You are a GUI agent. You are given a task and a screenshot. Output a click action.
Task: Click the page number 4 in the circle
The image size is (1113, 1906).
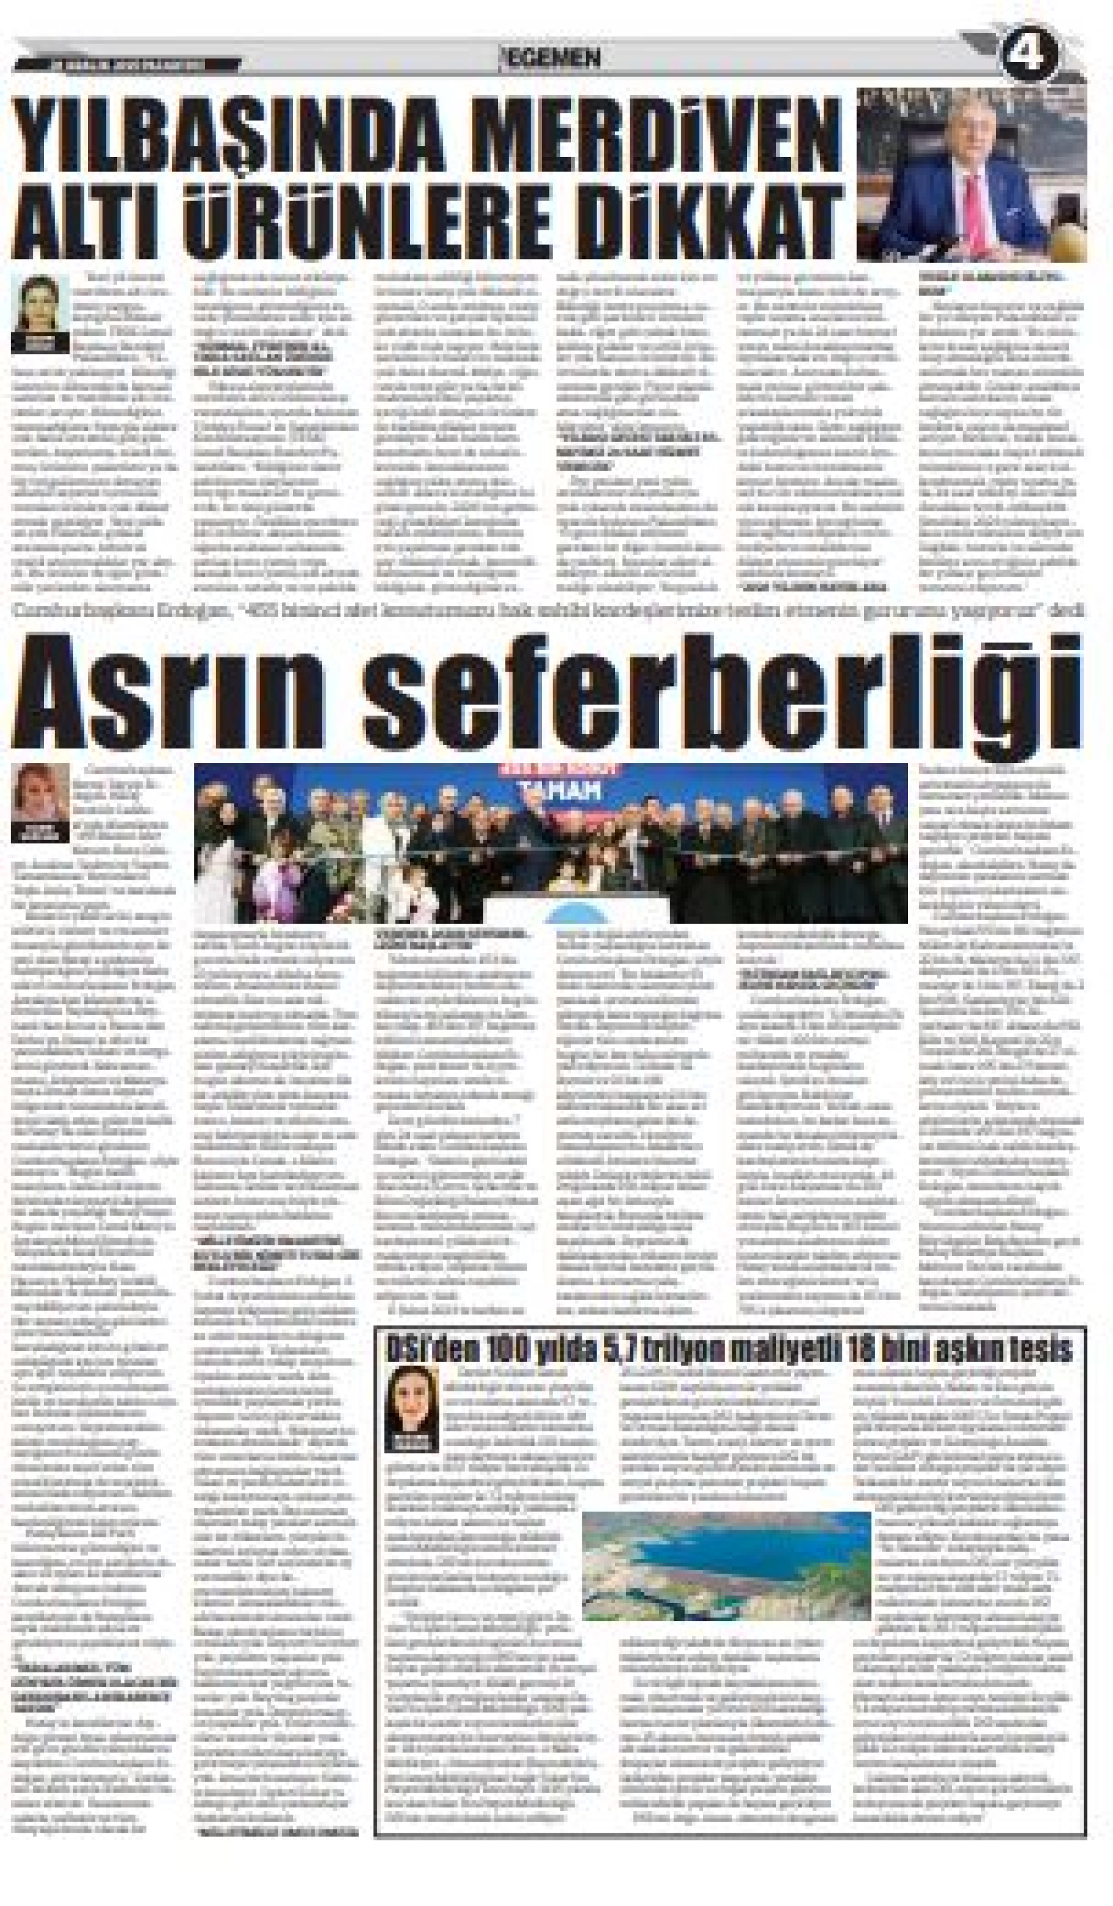(x=1030, y=58)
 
